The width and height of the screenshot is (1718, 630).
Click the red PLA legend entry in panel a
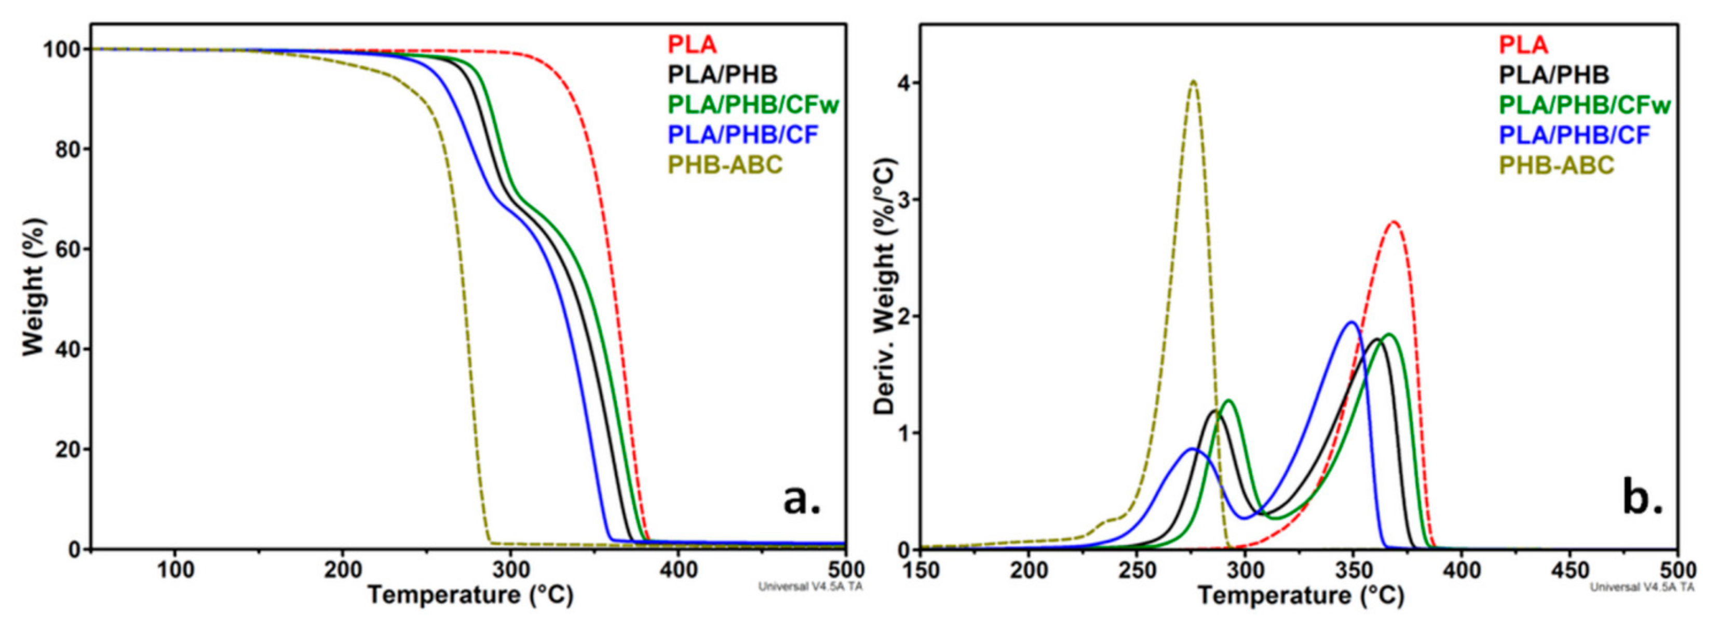[x=692, y=45]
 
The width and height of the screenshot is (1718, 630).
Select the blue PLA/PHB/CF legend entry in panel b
[x=1574, y=134]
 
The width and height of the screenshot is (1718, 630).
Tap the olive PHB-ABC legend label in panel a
[x=725, y=164]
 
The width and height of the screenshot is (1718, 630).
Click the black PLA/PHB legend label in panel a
[x=722, y=74]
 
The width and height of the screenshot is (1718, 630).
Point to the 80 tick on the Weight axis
[x=69, y=149]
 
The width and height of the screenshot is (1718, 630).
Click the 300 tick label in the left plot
[x=510, y=571]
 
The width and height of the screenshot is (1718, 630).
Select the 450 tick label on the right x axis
[x=1568, y=571]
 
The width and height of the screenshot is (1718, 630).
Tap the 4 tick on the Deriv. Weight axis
[x=905, y=83]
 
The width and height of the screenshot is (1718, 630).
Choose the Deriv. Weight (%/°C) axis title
[x=884, y=287]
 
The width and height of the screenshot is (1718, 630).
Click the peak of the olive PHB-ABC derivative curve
[x=1193, y=82]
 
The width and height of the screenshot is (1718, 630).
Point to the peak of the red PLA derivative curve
[x=1393, y=222]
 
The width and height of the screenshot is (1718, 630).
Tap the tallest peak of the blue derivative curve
[x=1352, y=322]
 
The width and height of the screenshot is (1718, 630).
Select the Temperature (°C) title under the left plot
[x=470, y=595]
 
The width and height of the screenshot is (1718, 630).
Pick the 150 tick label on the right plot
[x=921, y=571]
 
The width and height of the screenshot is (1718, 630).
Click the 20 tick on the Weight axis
[x=69, y=449]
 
